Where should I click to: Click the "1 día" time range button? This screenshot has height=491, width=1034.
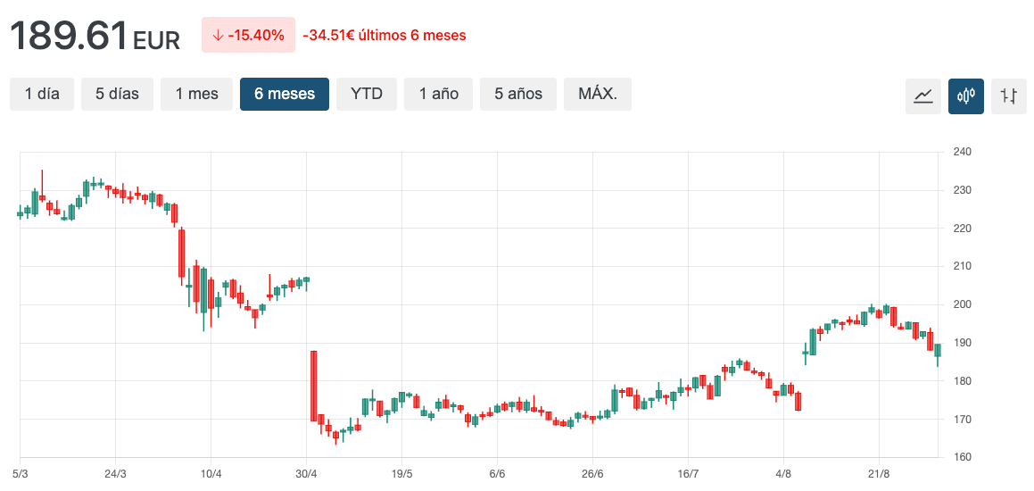pos(42,94)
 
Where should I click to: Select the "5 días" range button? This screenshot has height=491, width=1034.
pos(117,94)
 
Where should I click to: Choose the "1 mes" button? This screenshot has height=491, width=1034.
pos(196,94)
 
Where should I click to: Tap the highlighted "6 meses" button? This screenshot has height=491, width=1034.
pos(285,94)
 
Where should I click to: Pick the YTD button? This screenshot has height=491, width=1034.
pos(366,94)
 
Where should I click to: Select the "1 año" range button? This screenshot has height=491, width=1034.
pos(439,94)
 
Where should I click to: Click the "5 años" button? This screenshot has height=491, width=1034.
pos(518,94)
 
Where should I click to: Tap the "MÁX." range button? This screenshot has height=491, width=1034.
pos(598,94)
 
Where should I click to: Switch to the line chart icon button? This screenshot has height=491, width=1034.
pos(923,96)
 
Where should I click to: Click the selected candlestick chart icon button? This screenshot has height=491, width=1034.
pos(966,96)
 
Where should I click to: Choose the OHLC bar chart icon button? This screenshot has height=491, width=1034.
pos(1009,96)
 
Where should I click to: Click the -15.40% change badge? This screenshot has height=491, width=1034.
pos(248,36)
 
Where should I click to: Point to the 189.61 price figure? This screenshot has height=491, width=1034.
pos(69,36)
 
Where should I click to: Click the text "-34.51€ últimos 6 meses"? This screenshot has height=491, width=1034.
pos(385,36)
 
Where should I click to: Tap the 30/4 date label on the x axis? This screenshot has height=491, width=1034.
pos(306,473)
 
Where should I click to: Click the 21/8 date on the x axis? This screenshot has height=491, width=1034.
pos(879,473)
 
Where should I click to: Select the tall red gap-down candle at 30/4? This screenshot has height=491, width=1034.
pos(314,386)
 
